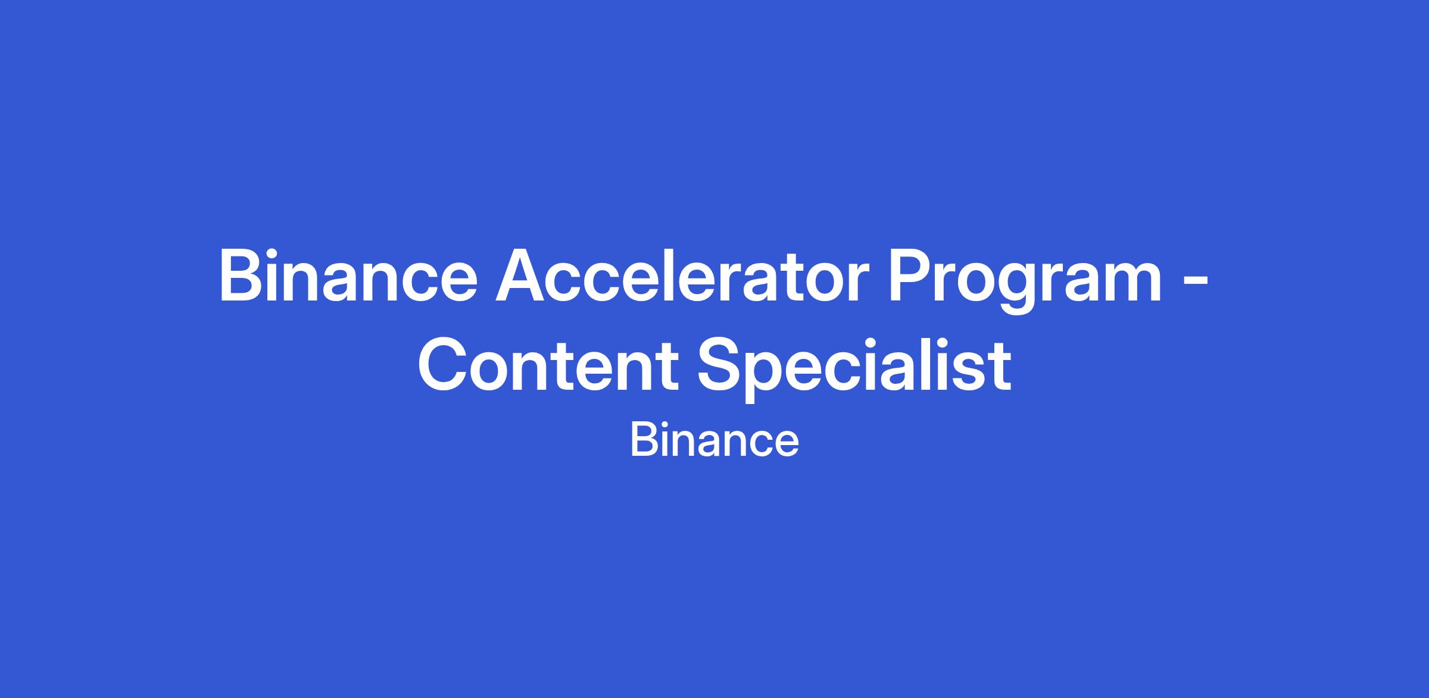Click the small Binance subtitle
[714, 440]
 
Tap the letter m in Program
[1128, 283]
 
